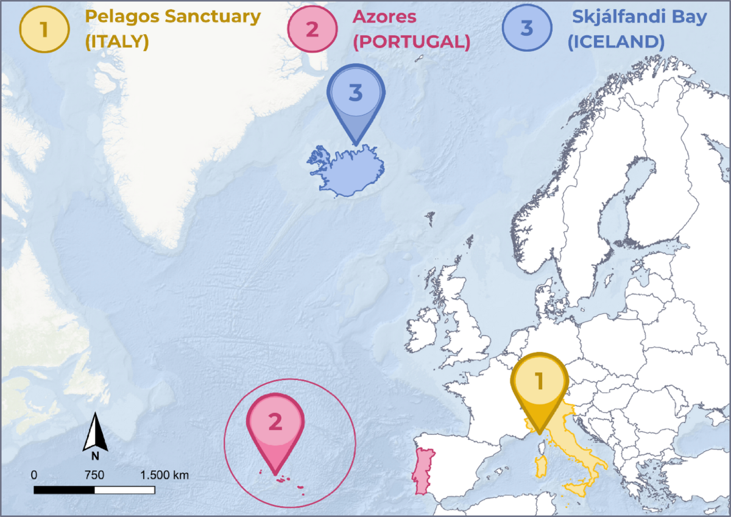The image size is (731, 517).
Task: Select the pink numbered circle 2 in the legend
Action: tap(313, 28)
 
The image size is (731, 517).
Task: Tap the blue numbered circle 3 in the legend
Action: tap(528, 28)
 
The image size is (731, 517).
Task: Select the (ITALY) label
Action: tap(117, 43)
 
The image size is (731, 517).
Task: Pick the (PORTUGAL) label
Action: tap(412, 43)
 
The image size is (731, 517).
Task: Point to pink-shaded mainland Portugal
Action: tap(421, 471)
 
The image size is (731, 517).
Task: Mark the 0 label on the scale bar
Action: tap(34, 475)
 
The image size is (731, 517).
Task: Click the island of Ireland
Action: tap(424, 332)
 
